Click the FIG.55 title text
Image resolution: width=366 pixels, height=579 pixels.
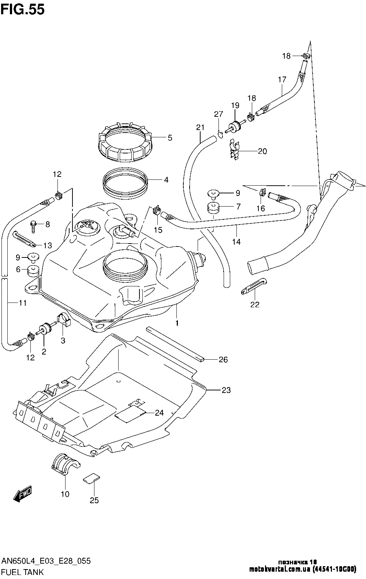[x=23, y=10]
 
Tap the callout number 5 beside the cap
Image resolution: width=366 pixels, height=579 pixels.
[x=170, y=138]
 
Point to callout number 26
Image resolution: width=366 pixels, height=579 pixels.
[x=223, y=360]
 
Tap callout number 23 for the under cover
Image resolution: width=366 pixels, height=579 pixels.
[x=226, y=390]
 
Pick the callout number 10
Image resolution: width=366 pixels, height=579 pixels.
[x=65, y=494]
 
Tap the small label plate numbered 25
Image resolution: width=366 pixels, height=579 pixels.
[x=91, y=478]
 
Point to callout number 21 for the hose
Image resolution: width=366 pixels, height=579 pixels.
[x=200, y=127]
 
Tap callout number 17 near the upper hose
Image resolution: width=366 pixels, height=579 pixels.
[x=282, y=79]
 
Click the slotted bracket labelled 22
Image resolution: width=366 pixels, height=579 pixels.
[x=254, y=286]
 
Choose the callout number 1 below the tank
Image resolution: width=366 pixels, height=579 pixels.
[x=177, y=323]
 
